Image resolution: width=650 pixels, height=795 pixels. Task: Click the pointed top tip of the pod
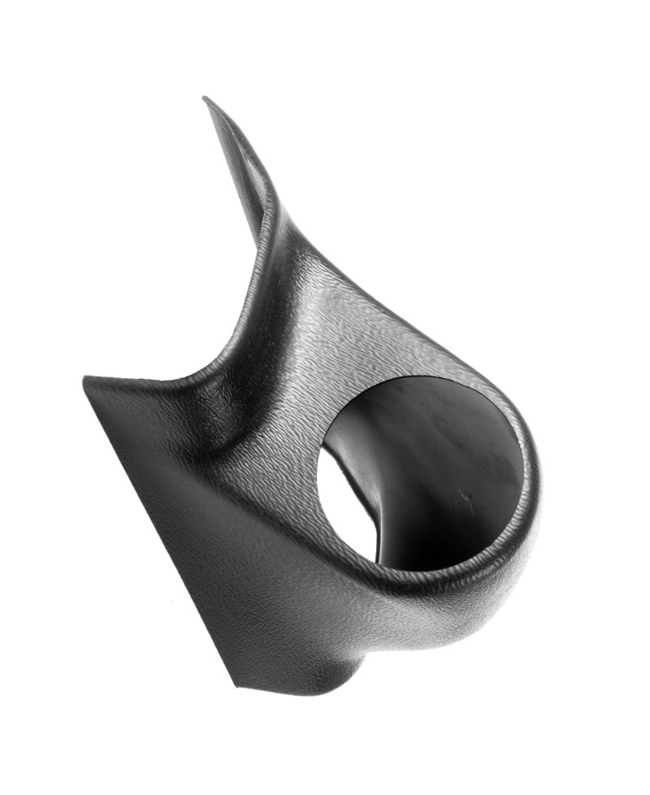(206, 99)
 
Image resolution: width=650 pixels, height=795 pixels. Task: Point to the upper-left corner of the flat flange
(86, 379)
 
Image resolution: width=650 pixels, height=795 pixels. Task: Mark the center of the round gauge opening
(418, 476)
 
